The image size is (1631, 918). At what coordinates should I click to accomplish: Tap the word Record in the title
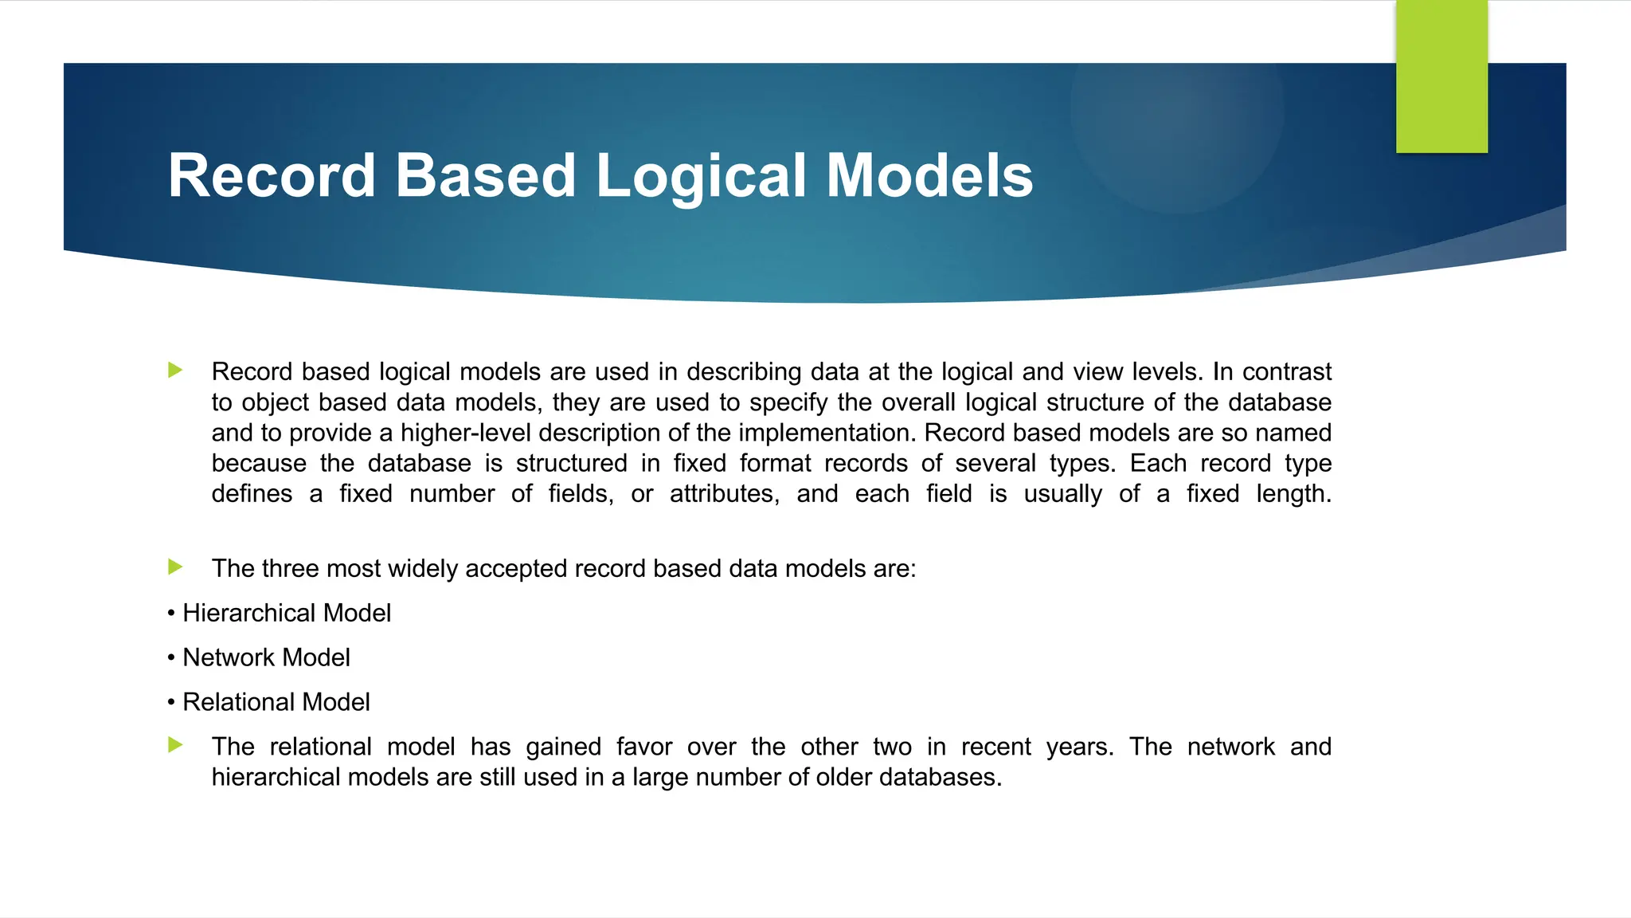click(271, 176)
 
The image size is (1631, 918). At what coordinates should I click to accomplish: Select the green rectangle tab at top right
click(1441, 76)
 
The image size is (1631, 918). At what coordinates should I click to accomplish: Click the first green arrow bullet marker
click(176, 370)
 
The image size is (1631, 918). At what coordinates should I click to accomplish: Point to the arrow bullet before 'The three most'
click(176, 567)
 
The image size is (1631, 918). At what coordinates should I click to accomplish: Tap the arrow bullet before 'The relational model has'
click(176, 745)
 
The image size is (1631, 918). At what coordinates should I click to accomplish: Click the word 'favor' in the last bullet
click(643, 747)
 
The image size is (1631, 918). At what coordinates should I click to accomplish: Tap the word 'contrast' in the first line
click(1287, 372)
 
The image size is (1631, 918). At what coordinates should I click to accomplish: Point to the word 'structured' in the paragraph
click(571, 463)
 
